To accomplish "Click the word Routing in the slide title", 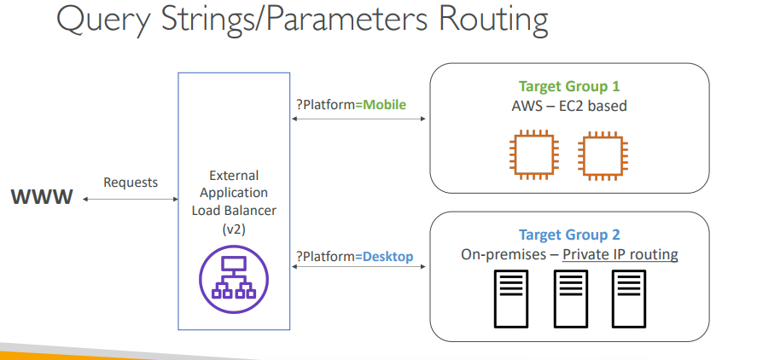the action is tap(493, 20).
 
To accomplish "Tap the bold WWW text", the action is tap(42, 197).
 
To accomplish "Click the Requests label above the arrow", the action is tap(131, 183).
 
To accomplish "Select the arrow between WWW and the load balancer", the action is tap(131, 199).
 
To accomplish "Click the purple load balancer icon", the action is tap(234, 280).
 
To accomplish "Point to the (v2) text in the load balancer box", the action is tap(234, 229).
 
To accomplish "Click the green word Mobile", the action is tap(384, 104).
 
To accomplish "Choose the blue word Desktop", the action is tap(387, 256).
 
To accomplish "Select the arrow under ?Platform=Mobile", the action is tap(358, 119).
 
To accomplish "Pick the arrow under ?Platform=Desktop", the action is tap(358, 266).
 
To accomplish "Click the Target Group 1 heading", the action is tap(569, 86).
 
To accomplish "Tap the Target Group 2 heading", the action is tap(569, 235).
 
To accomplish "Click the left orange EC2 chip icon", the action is tap(534, 154).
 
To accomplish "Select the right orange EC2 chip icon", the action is tap(603, 154).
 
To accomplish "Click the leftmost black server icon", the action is tap(510, 299).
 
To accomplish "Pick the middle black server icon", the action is tap(571, 299).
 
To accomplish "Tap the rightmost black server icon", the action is tap(629, 299).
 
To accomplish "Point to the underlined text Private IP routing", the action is tap(620, 254).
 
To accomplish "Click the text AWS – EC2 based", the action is tap(569, 106).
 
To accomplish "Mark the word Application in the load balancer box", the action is tap(234, 193).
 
